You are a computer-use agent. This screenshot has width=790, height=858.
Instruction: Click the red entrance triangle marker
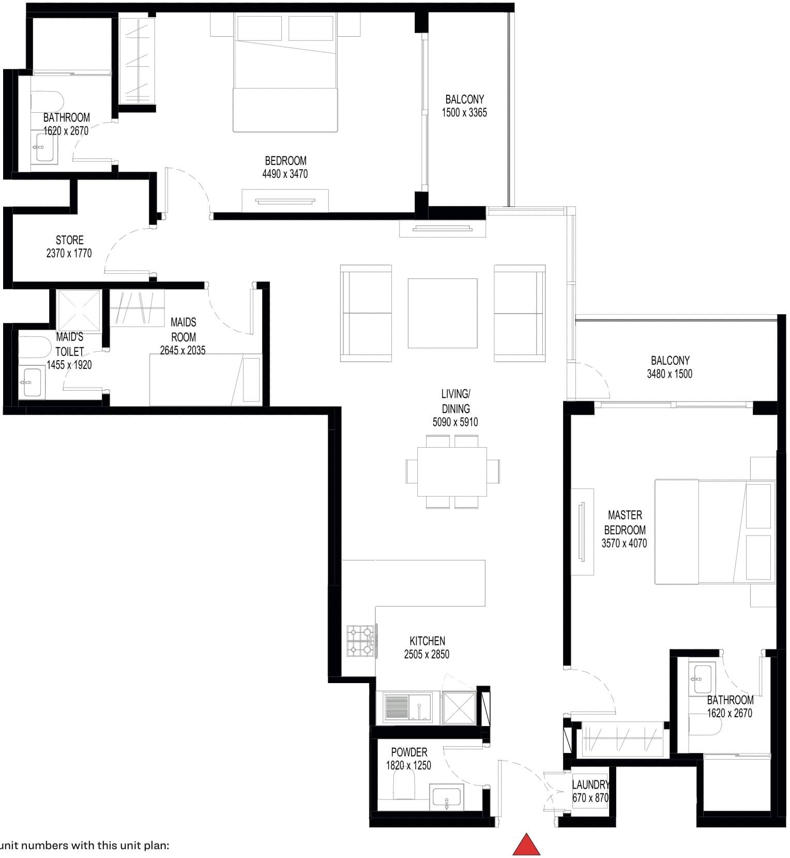[526, 845]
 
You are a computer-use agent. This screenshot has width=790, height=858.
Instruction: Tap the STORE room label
[70, 240]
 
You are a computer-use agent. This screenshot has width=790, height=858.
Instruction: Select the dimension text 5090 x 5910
[455, 422]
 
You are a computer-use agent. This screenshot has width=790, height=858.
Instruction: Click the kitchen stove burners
[361, 641]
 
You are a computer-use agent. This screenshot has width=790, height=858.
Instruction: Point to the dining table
[452, 471]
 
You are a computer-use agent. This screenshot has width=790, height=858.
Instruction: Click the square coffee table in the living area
[443, 313]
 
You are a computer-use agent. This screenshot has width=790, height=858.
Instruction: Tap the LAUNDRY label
[590, 785]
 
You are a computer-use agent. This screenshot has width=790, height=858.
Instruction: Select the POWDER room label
[409, 752]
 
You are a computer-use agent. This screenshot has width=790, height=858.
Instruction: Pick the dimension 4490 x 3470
[285, 174]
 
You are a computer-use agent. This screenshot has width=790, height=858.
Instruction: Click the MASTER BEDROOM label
[625, 522]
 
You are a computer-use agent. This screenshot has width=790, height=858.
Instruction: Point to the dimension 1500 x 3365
[464, 113]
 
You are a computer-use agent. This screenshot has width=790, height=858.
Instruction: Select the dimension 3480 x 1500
[670, 374]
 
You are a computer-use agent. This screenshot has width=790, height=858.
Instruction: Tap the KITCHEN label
[427, 641]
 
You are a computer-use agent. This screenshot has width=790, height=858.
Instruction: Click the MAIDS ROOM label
[184, 329]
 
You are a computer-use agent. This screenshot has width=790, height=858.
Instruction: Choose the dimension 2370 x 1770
[69, 254]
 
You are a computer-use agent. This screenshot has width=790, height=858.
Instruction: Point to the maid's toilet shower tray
[79, 310]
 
